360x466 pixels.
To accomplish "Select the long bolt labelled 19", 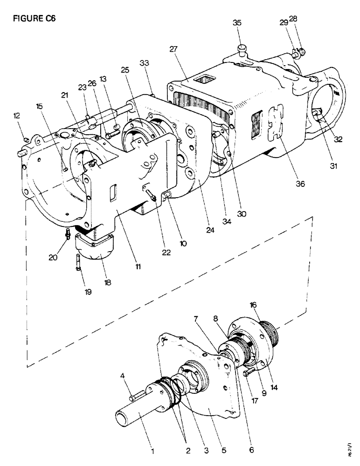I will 77,264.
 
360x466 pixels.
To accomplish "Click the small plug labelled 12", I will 27,139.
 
